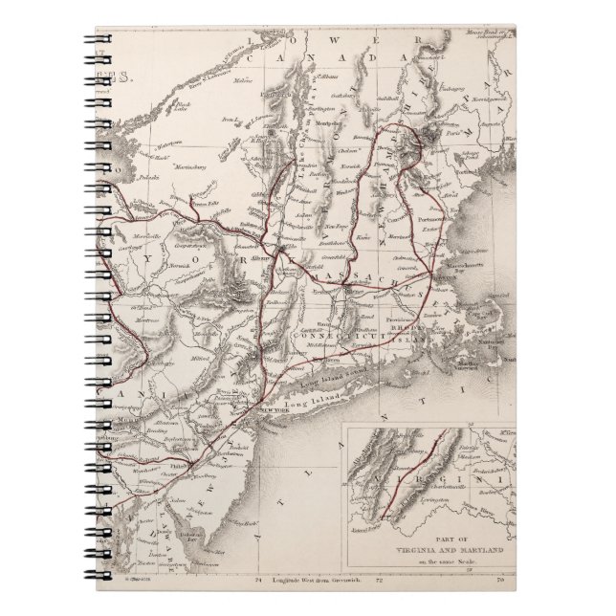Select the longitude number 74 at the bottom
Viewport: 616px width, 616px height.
coord(256,580)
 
